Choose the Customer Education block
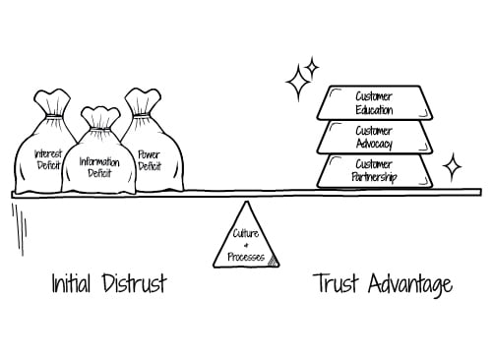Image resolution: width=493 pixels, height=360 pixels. click(374, 102)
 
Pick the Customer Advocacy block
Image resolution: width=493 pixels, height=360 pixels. click(374, 137)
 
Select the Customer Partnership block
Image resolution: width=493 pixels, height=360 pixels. click(374, 169)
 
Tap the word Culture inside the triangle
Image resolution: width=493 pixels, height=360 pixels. click(246, 233)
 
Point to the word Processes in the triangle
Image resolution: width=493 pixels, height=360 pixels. click(246, 257)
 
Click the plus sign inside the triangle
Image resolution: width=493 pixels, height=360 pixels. click(246, 245)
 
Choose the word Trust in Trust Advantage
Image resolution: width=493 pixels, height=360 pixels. click(338, 285)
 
